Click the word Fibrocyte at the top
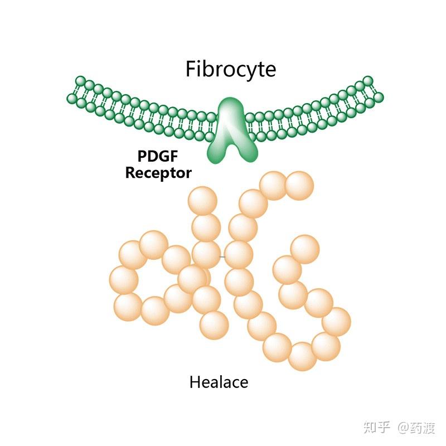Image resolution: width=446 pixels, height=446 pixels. pyautogui.click(x=230, y=69)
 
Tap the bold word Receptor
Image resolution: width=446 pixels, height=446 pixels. pyautogui.click(x=158, y=173)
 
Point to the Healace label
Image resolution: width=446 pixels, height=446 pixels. pyautogui.click(x=219, y=382)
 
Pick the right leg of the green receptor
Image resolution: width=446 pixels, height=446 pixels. pyautogui.click(x=244, y=149)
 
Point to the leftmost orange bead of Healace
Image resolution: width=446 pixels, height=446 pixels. pyautogui.click(x=124, y=279)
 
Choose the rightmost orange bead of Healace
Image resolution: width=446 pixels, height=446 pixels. pyautogui.click(x=336, y=322)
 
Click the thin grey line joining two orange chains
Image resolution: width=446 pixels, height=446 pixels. pyautogui.click(x=222, y=256)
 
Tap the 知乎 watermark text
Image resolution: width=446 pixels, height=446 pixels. pyautogui.click(x=377, y=428)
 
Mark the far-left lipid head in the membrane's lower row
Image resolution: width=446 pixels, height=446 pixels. pyautogui.click(x=72, y=99)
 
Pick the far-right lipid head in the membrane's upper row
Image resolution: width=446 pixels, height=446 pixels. pyautogui.click(x=367, y=81)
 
